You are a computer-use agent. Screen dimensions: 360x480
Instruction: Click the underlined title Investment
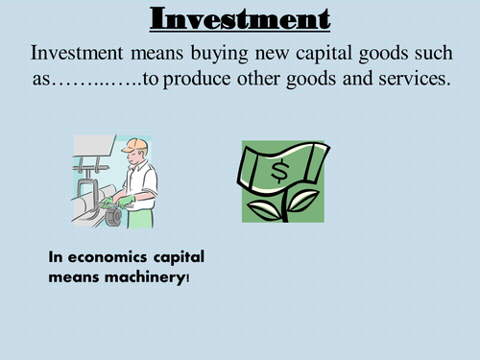coord(239,18)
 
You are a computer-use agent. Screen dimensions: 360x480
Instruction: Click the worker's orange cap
coord(138,145)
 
